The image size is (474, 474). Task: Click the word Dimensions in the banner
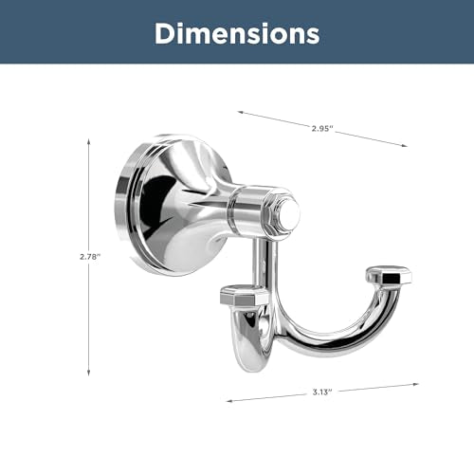237,33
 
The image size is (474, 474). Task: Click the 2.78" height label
90,257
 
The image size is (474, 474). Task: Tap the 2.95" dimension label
322,128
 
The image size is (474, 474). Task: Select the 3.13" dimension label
322,392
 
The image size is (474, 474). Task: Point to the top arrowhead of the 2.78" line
89,141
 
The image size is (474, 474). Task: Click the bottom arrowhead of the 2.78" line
89,373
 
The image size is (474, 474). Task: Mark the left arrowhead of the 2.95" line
241,112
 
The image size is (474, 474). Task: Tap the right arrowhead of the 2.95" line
404,145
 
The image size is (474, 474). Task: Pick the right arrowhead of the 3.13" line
415,384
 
